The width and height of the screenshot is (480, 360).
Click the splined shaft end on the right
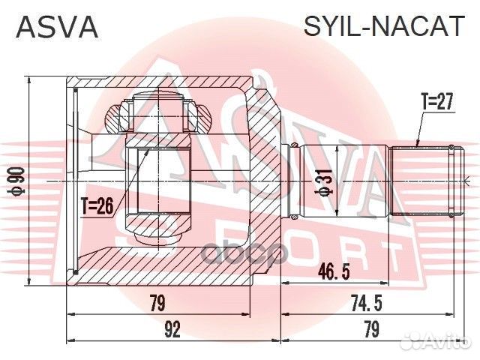424,181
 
